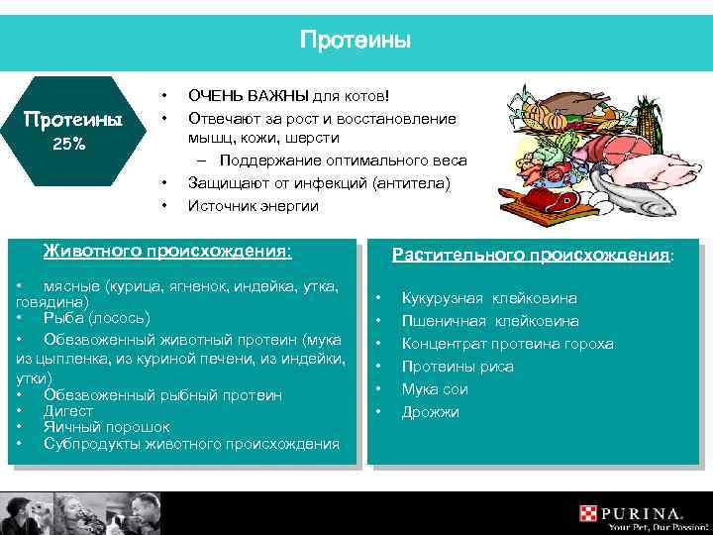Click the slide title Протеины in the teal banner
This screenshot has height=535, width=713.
[x=356, y=41]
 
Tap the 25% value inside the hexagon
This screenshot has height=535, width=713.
[x=68, y=144]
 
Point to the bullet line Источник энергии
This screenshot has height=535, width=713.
[x=254, y=206]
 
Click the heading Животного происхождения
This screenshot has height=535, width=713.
[x=166, y=251]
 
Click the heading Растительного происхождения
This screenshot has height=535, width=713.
[x=532, y=255]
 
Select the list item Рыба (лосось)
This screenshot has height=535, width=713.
[x=97, y=317]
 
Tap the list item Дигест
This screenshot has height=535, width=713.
[x=68, y=411]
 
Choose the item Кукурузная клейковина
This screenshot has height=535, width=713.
[x=489, y=298]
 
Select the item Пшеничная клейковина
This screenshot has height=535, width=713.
[x=489, y=321]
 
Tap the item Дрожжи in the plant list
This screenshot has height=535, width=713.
[x=431, y=412]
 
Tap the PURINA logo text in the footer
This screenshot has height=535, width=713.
[x=643, y=514]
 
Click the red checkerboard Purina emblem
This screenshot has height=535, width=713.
[x=589, y=514]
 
